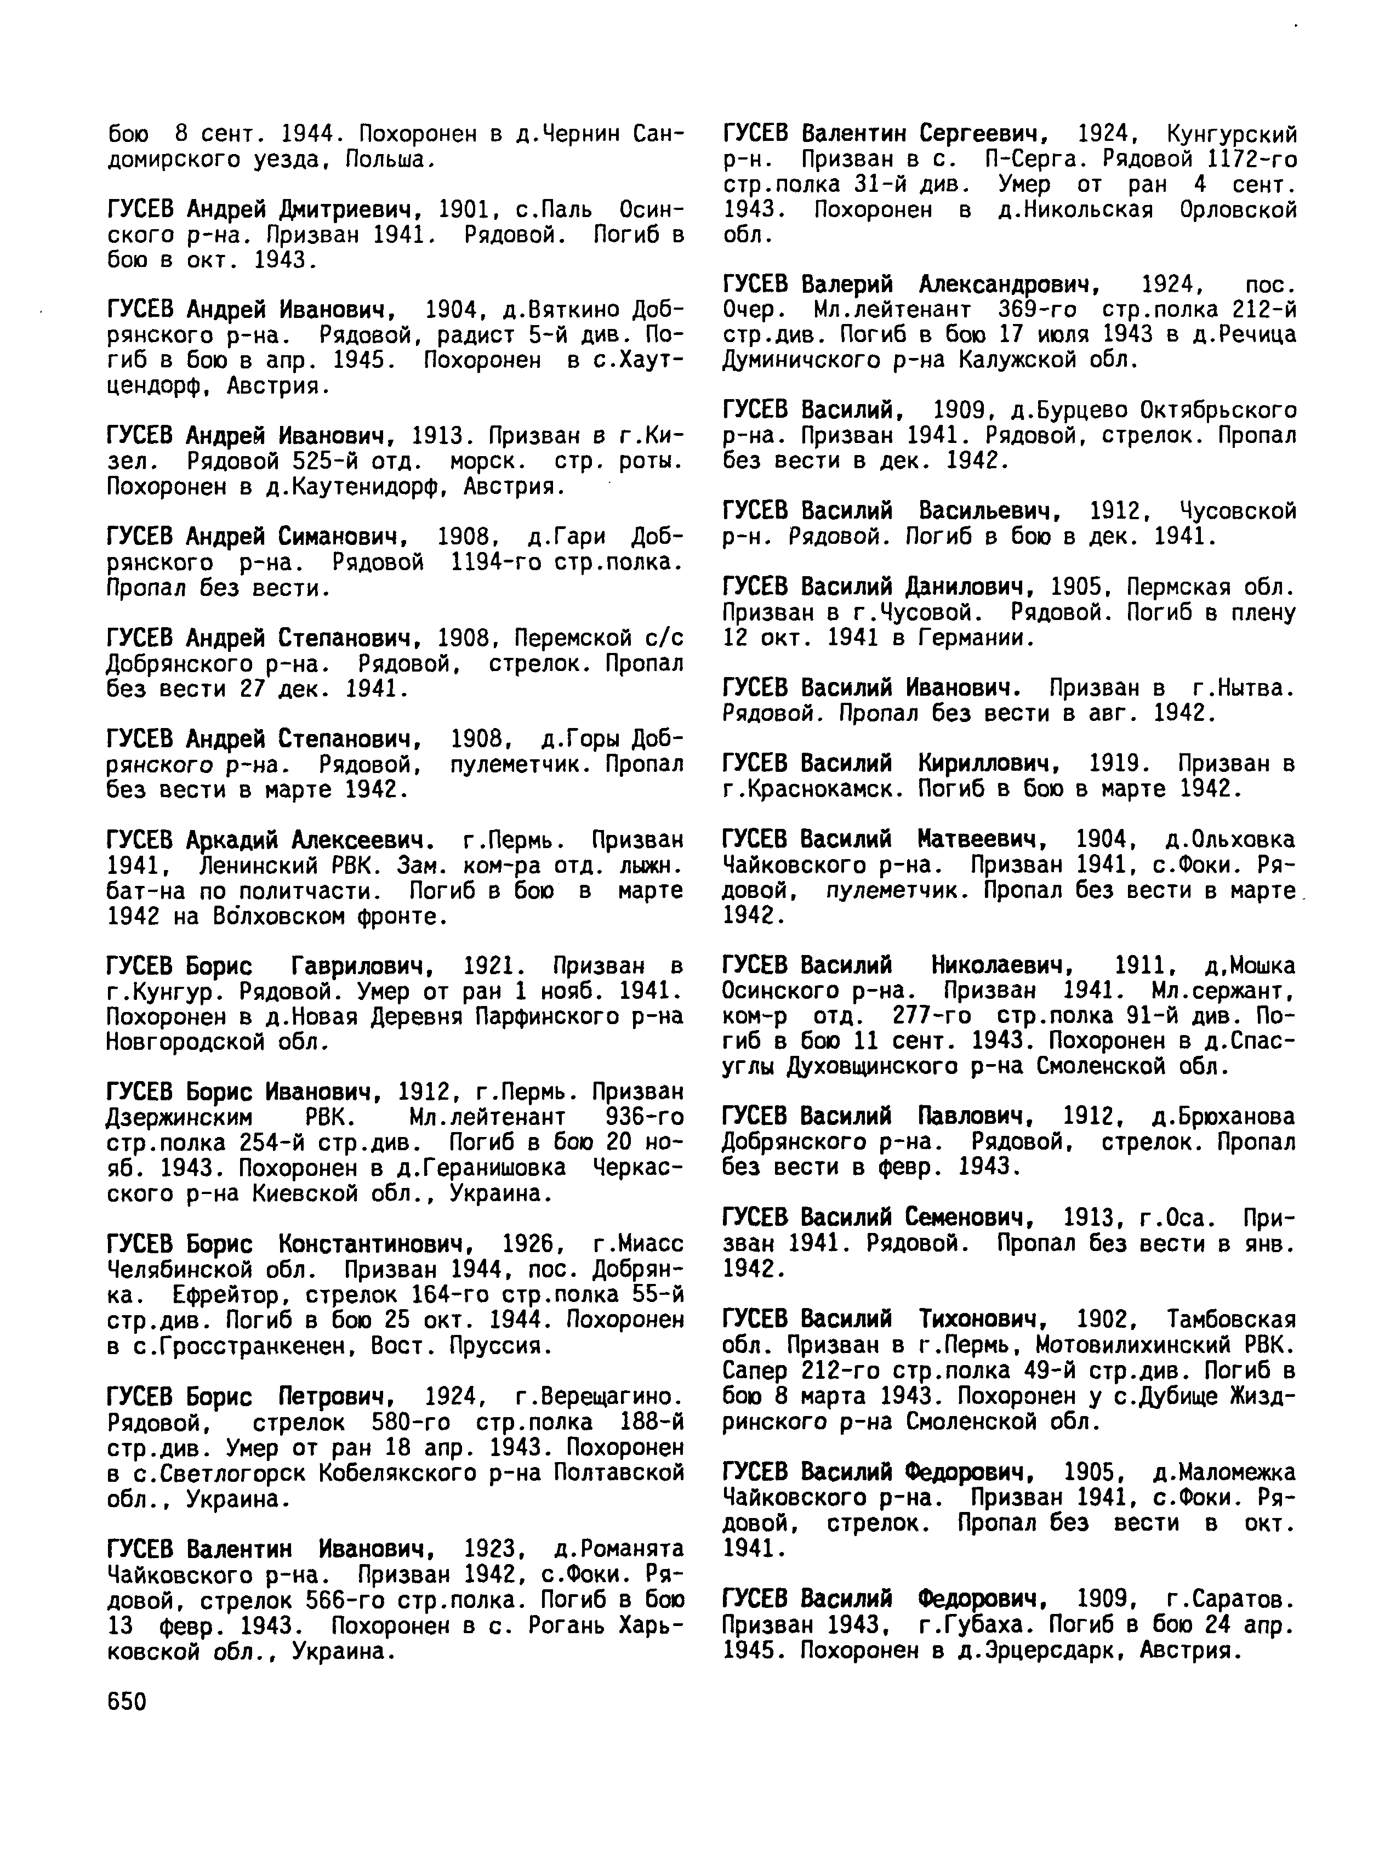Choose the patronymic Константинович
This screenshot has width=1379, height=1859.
370,1244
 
